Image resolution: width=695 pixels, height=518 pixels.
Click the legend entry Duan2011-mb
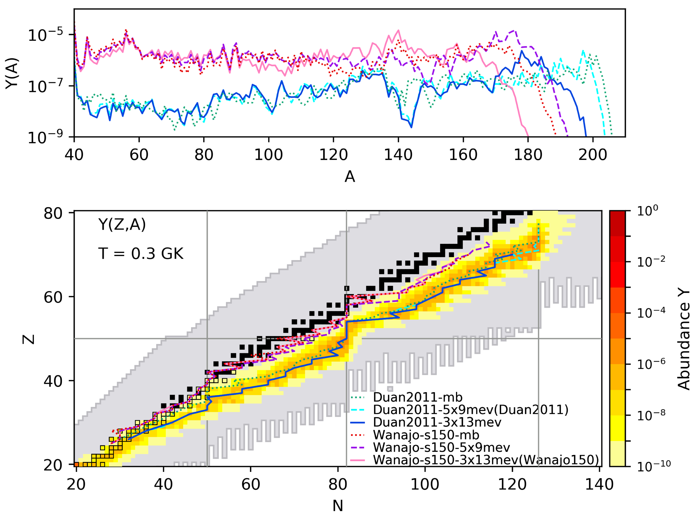pyautogui.click(x=418, y=397)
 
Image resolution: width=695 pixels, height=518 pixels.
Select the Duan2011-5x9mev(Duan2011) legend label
pyautogui.click(x=470, y=410)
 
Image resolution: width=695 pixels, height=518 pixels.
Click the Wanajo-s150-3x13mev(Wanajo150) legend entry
pyautogui.click(x=486, y=460)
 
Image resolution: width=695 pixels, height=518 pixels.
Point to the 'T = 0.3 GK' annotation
pyautogui.click(x=141, y=253)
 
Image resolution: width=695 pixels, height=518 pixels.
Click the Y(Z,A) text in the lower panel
pyautogui.click(x=122, y=225)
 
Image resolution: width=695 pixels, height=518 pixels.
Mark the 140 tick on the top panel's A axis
pyautogui.click(x=398, y=155)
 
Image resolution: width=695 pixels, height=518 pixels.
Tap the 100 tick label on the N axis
pyautogui.click(x=425, y=484)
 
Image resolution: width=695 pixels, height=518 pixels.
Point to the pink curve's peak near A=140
pyautogui.click(x=398, y=30)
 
